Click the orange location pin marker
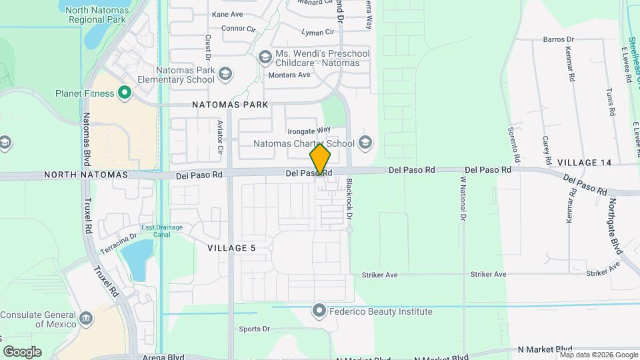tap(320, 160)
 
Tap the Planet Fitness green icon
tap(124, 93)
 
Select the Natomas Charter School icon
tap(365, 143)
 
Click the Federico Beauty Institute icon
tap(319, 311)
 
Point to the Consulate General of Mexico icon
tap(87, 319)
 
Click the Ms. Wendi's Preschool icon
tap(265, 57)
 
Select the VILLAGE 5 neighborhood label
tap(231, 248)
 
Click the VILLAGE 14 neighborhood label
tap(584, 163)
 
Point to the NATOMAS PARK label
tap(230, 105)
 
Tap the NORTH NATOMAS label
tap(85, 175)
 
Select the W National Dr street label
tap(462, 198)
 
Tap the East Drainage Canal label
tap(162, 231)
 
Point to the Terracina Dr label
tap(119, 243)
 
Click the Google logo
tap(22, 352)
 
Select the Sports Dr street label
tap(255, 329)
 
